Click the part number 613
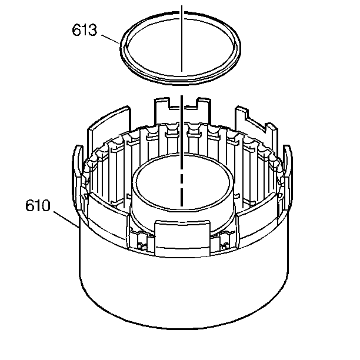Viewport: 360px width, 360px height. tap(85, 30)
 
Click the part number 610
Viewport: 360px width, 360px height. tap(38, 205)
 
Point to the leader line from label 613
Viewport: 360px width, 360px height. tap(111, 39)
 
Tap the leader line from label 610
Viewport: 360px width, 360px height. tap(66, 219)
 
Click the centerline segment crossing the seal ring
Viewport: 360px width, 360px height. tap(182, 39)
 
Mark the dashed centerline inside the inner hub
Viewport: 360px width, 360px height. tap(182, 151)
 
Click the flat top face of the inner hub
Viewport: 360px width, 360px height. tap(182, 181)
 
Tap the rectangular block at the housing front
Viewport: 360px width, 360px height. tap(182, 238)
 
